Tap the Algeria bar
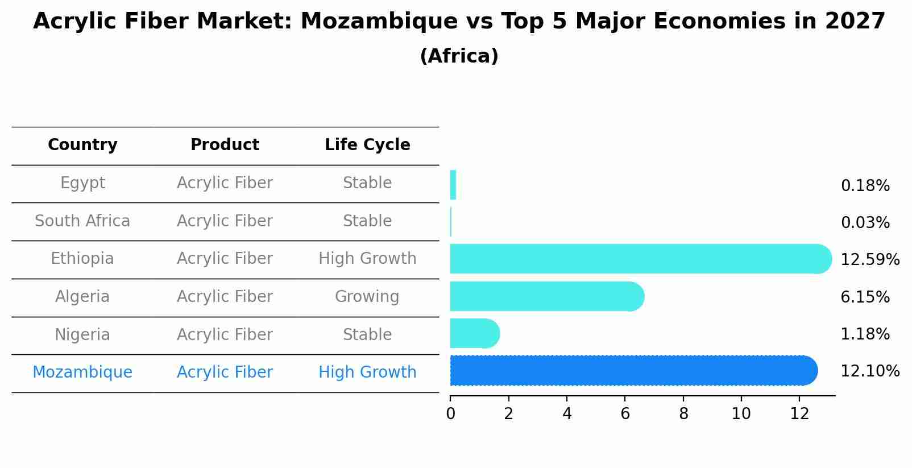tap(546, 296)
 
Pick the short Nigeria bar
tap(474, 333)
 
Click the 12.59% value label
tap(869, 260)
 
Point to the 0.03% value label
tap(865, 223)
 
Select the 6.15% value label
tap(865, 297)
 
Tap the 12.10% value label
tap(869, 371)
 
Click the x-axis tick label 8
tap(683, 414)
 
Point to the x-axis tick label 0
tap(450, 414)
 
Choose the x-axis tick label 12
tap(799, 414)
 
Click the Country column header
tap(82, 145)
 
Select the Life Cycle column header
tap(367, 145)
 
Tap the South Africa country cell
tap(82, 221)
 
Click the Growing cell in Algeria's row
tap(367, 297)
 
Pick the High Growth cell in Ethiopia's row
tap(367, 259)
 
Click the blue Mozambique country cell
tap(82, 372)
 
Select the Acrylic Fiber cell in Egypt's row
tap(225, 183)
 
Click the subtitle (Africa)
tap(459, 56)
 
